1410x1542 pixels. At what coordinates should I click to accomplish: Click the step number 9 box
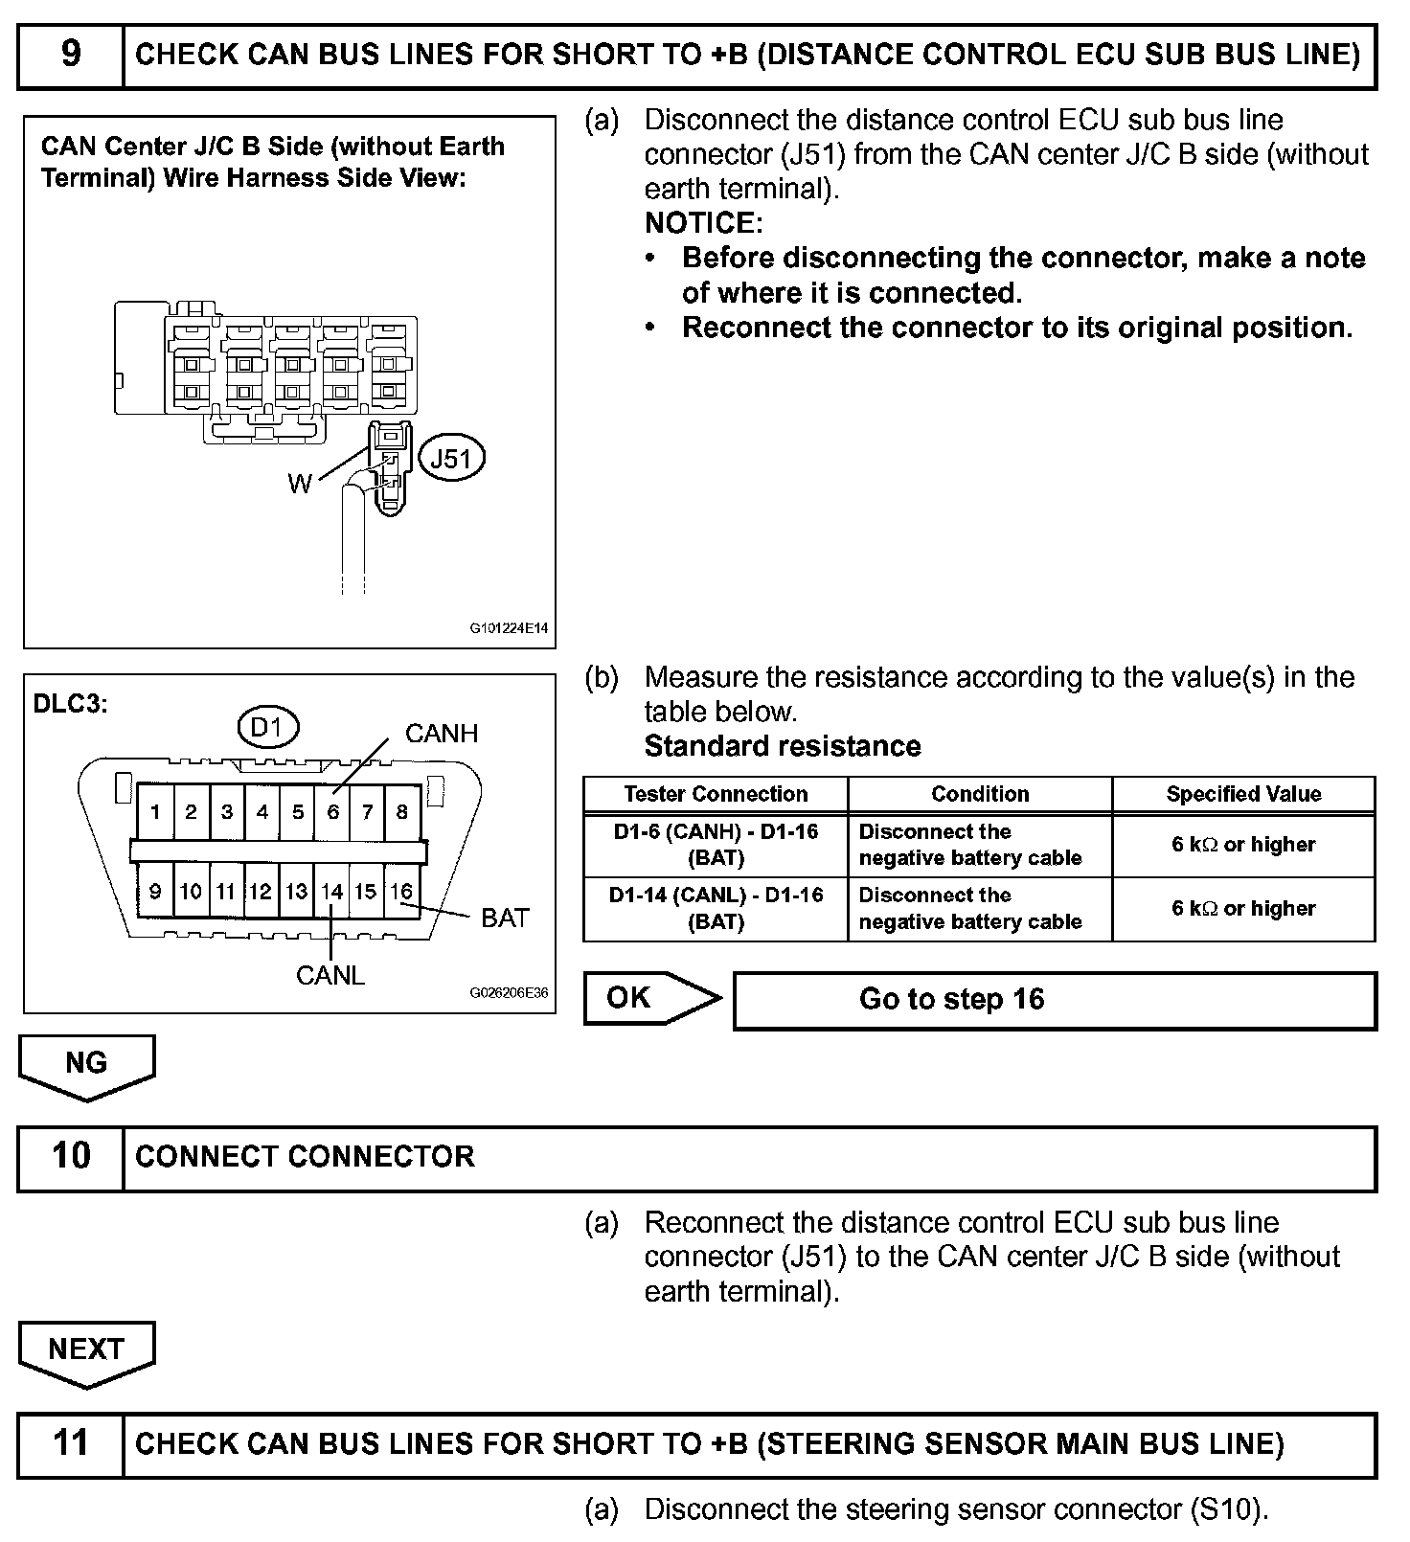point(71,56)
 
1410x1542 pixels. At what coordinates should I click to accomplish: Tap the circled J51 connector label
point(451,459)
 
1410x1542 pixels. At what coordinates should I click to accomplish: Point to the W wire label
point(299,484)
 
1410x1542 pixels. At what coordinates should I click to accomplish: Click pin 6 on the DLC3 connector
point(332,812)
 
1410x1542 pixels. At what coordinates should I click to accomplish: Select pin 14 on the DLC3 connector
point(331,892)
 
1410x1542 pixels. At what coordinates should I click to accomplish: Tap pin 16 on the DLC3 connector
point(401,892)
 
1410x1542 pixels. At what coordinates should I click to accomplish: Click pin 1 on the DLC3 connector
point(155,812)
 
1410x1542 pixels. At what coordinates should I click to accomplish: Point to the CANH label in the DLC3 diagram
point(441,734)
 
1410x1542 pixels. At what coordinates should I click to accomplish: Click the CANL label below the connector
point(330,976)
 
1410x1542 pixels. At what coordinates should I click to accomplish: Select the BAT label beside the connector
point(505,918)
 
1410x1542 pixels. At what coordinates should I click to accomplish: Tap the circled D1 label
point(267,728)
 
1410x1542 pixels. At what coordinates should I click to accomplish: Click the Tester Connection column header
point(716,794)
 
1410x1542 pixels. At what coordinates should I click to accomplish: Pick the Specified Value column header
point(1243,794)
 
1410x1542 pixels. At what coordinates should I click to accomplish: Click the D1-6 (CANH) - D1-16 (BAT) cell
point(716,845)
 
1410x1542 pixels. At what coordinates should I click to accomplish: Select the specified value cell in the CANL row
point(1243,909)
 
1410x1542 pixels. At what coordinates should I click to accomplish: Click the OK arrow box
point(648,999)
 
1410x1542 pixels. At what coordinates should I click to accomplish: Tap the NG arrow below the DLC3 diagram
point(86,1064)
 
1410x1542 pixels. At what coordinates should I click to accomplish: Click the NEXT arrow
point(86,1350)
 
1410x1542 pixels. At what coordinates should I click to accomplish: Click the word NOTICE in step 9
point(703,223)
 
